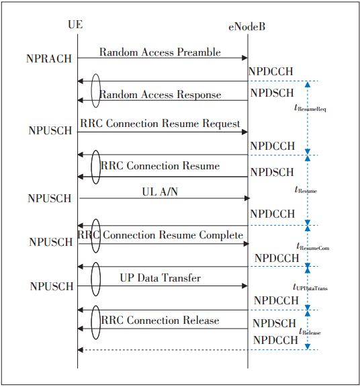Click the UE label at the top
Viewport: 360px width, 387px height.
tap(76, 25)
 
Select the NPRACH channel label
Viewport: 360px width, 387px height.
tap(49, 59)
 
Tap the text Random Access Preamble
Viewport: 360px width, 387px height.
tap(161, 52)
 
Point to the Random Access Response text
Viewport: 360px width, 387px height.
tap(161, 95)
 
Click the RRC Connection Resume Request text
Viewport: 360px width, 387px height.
tap(160, 124)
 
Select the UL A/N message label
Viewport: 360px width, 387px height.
tap(161, 191)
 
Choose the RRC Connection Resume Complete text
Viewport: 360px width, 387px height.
tap(161, 235)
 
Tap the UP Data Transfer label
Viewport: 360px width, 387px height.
tap(161, 277)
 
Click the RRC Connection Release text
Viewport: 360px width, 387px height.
tap(161, 320)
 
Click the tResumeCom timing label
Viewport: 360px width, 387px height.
tap(313, 247)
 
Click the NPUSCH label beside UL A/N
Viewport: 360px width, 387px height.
tap(50, 198)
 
